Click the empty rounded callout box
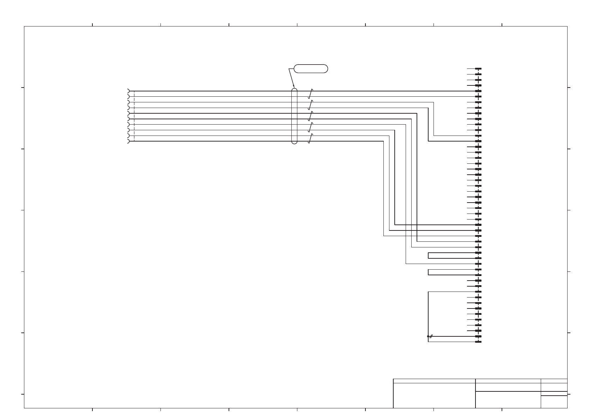click(x=311, y=69)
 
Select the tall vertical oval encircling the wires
click(x=295, y=116)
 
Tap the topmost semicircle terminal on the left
click(x=128, y=91)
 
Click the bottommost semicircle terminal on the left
click(x=128, y=142)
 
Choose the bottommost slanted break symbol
click(x=310, y=139)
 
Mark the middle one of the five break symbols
click(x=310, y=116)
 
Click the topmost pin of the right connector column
click(x=478, y=69)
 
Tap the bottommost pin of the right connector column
click(x=478, y=342)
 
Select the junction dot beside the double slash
click(x=428, y=336)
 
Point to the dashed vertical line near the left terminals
click(x=134, y=116)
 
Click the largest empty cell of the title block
click(x=434, y=395)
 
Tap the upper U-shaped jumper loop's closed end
click(x=428, y=256)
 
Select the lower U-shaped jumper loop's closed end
click(x=428, y=272)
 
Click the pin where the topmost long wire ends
click(x=478, y=91)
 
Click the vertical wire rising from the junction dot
click(x=428, y=314)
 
